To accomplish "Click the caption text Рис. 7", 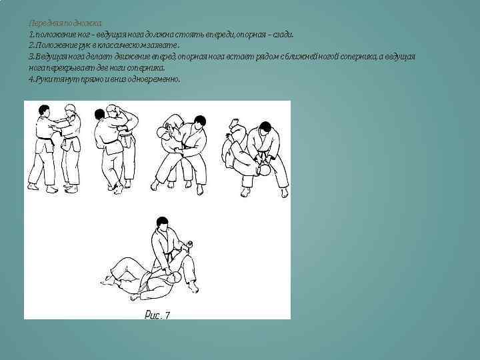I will tap(157, 315).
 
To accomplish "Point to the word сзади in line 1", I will tap(279, 34).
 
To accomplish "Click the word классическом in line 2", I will tap(127, 45).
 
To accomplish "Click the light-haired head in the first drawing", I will tap(70, 108).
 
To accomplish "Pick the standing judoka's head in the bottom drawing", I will tap(160, 223).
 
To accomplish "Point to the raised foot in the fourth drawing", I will tap(235, 124).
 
